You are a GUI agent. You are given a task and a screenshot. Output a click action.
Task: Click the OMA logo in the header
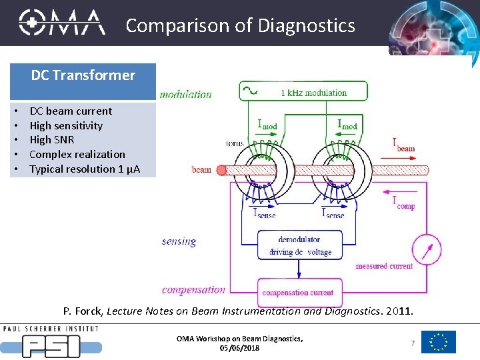click(x=62, y=23)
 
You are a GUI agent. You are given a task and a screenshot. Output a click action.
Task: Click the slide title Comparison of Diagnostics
click(x=240, y=25)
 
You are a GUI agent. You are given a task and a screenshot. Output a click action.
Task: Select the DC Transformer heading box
click(x=83, y=75)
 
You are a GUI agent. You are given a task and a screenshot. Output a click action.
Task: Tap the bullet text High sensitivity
click(x=66, y=125)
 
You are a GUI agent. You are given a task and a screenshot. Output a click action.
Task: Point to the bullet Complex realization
click(x=77, y=154)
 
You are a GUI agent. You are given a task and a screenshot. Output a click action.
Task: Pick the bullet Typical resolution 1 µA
click(x=85, y=169)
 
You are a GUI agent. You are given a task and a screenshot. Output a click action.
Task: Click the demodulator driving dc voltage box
click(x=299, y=245)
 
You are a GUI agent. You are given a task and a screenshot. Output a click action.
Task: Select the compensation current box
click(x=298, y=293)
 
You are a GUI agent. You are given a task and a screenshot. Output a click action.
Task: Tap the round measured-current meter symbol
click(x=426, y=249)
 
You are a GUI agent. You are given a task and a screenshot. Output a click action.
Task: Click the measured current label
click(x=384, y=266)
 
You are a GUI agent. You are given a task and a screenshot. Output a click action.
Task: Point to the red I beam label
click(x=403, y=144)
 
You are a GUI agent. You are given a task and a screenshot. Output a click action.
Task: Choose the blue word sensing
click(x=179, y=241)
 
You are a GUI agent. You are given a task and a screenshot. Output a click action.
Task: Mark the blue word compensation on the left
click(x=193, y=289)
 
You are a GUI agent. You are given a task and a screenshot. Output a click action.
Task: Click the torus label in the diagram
click(x=235, y=143)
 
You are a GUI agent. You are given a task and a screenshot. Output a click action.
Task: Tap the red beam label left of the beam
click(x=201, y=169)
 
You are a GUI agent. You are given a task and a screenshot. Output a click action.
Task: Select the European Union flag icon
click(x=439, y=342)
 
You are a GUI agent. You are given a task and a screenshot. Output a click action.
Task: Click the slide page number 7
click(x=413, y=343)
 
